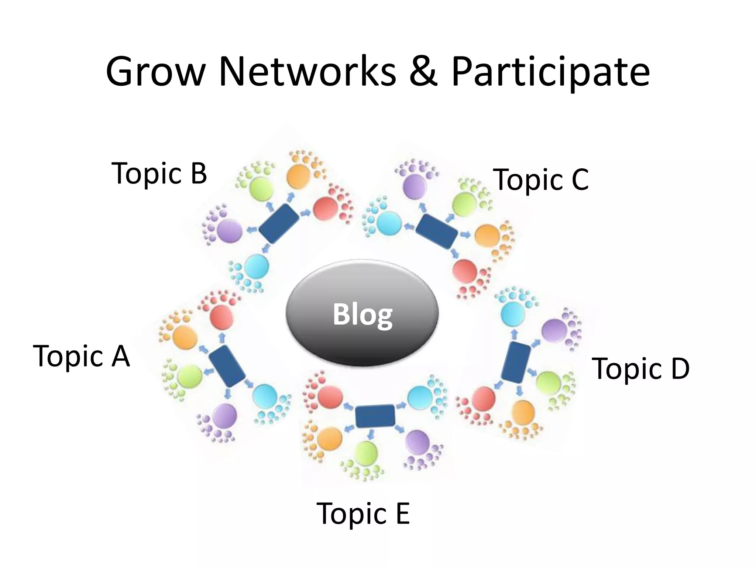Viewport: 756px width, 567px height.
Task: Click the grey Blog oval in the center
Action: click(x=362, y=313)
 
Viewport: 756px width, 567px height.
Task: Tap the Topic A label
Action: click(x=81, y=356)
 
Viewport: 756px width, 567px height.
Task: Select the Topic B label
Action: click(x=159, y=173)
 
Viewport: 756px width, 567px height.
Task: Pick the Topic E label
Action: click(x=363, y=513)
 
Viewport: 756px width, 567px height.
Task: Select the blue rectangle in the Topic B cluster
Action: click(x=279, y=224)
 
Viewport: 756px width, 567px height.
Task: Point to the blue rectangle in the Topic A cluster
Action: click(x=227, y=366)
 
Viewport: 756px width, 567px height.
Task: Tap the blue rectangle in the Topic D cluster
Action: click(x=516, y=362)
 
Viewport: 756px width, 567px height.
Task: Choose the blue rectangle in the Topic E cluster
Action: click(x=375, y=416)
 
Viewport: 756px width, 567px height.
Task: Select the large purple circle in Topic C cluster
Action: click(x=415, y=187)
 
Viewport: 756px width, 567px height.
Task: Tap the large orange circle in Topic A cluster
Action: click(x=185, y=337)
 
